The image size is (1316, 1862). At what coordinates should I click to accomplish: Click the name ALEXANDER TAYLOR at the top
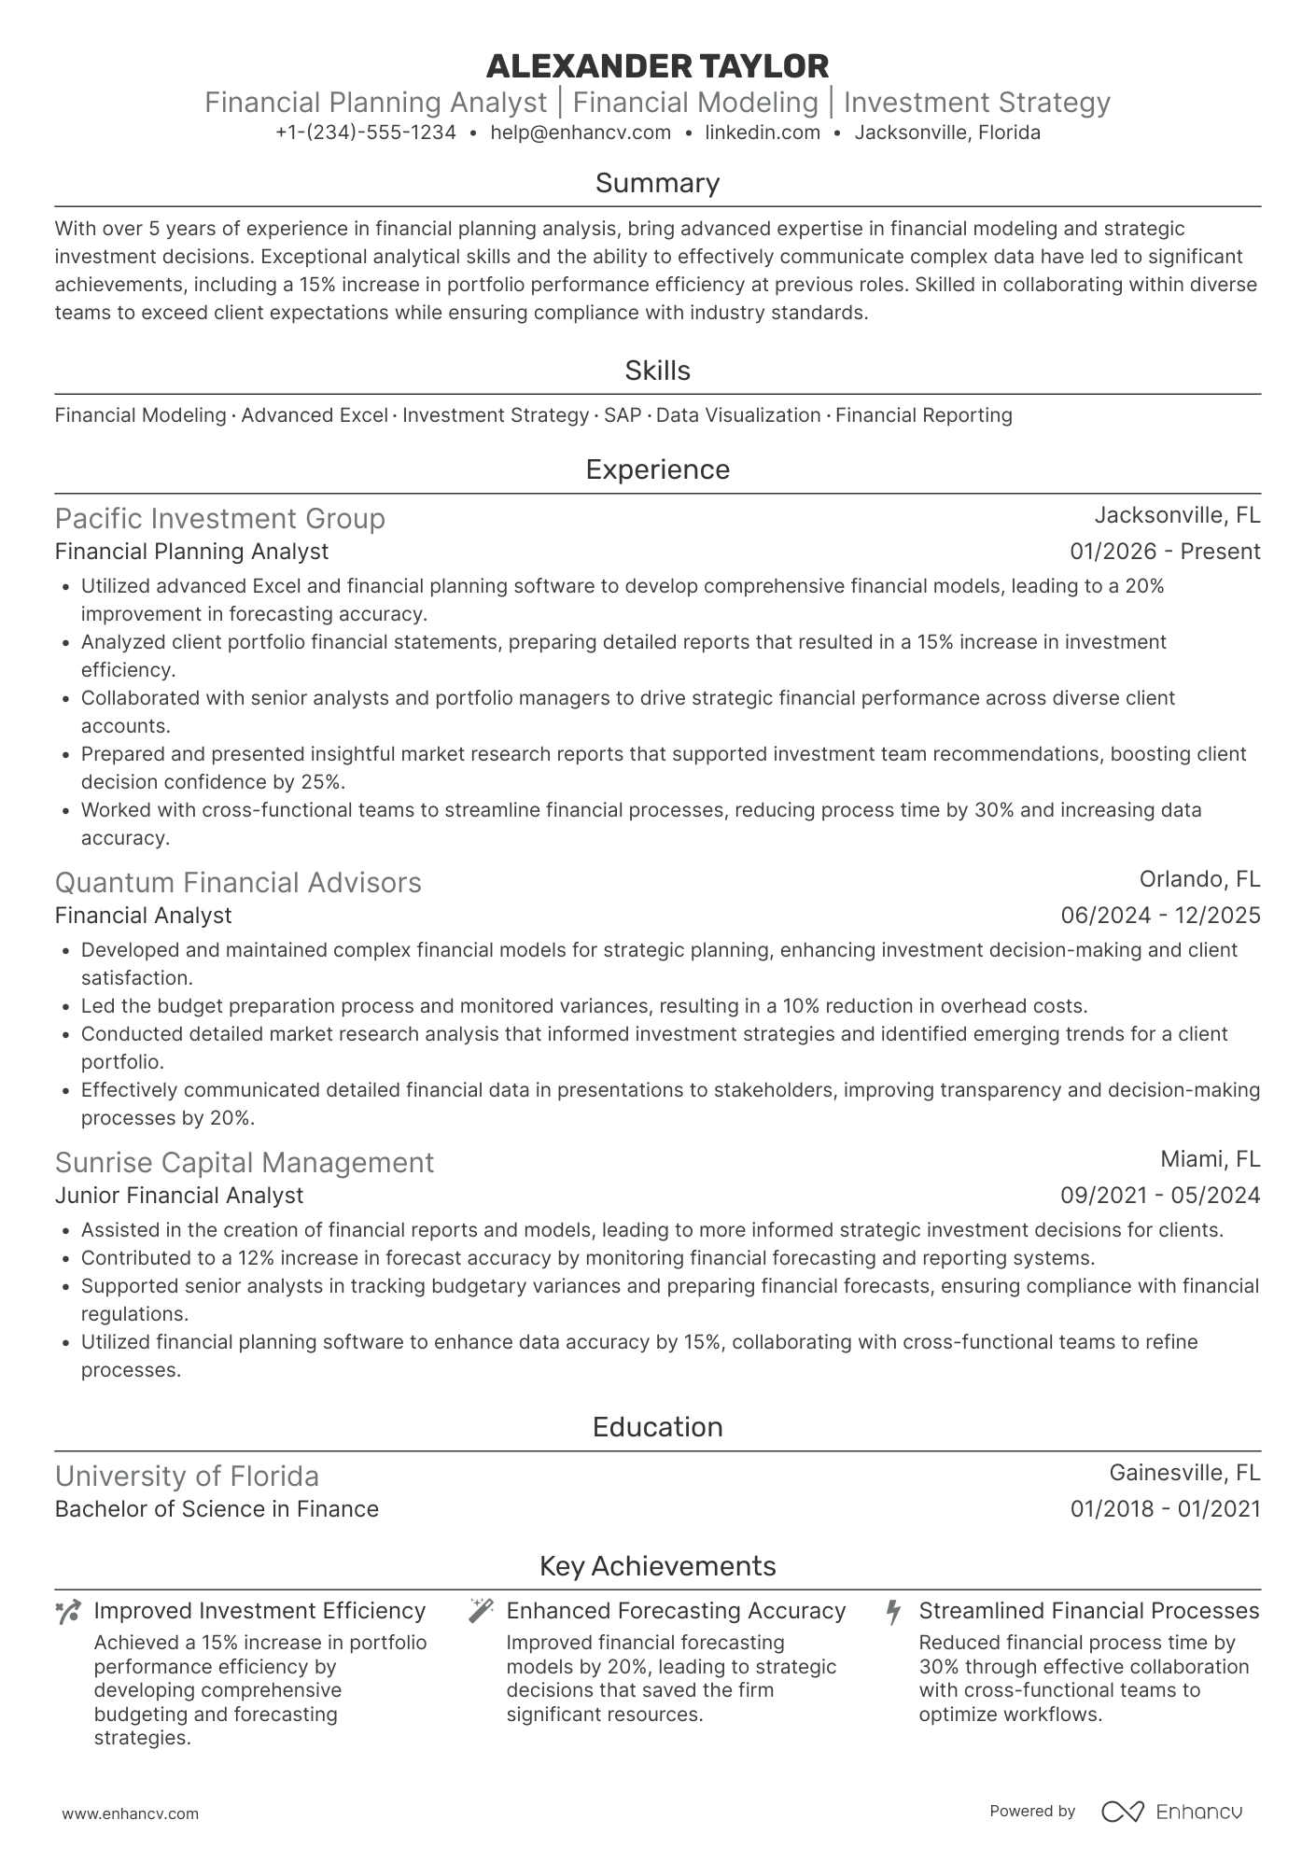click(657, 66)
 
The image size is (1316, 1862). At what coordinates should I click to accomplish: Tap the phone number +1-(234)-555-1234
click(366, 133)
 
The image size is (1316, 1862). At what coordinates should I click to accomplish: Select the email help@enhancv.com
click(581, 133)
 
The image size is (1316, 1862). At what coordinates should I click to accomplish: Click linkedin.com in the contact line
click(762, 133)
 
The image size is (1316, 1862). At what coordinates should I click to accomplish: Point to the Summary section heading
click(657, 183)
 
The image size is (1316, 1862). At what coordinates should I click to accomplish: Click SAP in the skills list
click(623, 415)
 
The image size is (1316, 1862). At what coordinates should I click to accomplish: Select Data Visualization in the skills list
click(738, 415)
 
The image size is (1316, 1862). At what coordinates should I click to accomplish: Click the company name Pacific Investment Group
click(219, 519)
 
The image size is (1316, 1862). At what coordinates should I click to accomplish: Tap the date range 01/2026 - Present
click(1165, 552)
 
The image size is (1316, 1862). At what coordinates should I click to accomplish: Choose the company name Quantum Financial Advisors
click(238, 883)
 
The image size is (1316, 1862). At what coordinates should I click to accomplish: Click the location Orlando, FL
click(1199, 879)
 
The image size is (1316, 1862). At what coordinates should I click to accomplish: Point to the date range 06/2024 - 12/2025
click(1160, 916)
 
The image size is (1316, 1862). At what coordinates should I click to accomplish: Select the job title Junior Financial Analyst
click(179, 1196)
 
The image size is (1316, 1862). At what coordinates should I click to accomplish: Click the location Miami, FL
click(1210, 1159)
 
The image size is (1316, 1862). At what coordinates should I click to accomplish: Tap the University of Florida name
click(187, 1477)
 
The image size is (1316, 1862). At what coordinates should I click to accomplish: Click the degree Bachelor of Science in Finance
click(217, 1509)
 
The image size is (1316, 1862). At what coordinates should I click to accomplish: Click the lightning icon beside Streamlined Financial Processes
click(893, 1611)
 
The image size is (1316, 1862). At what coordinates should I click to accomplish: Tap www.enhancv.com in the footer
click(130, 1814)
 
